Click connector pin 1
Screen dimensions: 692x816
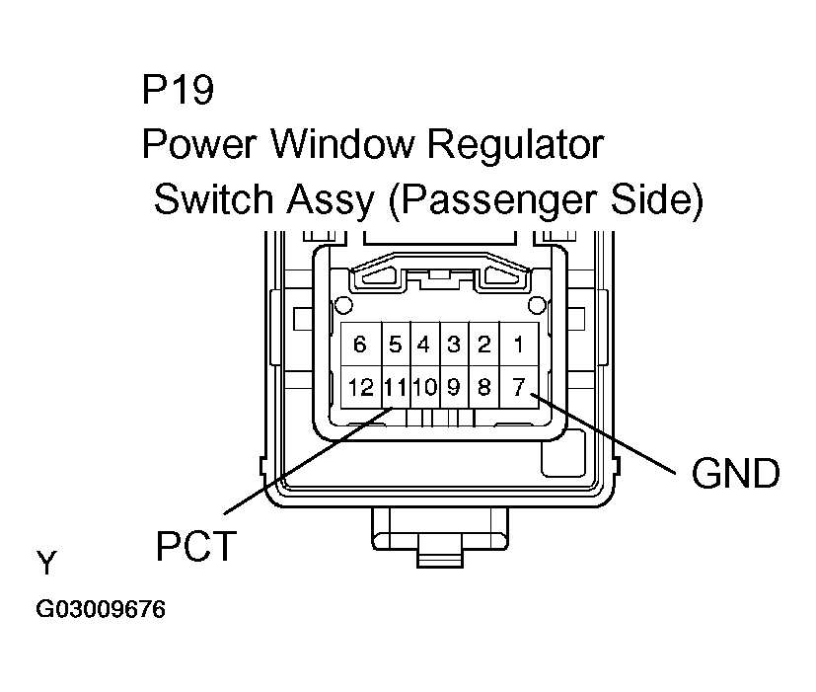pyautogui.click(x=518, y=345)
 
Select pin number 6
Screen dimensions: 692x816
pyautogui.click(x=360, y=345)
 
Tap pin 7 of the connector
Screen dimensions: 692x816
pyautogui.click(x=518, y=388)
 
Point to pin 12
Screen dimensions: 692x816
pyautogui.click(x=360, y=388)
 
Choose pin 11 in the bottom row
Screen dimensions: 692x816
pyautogui.click(x=395, y=388)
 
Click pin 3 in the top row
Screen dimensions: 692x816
pyautogui.click(x=454, y=345)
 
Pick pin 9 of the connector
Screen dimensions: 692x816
pyautogui.click(x=454, y=388)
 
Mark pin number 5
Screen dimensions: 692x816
pyautogui.click(x=395, y=345)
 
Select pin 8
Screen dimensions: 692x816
pyautogui.click(x=483, y=388)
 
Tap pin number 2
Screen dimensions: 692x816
pyautogui.click(x=483, y=345)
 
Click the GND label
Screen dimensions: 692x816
pyautogui.click(x=735, y=474)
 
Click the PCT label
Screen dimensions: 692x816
pyautogui.click(x=196, y=545)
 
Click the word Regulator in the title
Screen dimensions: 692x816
pyautogui.click(x=514, y=145)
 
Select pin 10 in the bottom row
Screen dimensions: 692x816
pyautogui.click(x=424, y=388)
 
